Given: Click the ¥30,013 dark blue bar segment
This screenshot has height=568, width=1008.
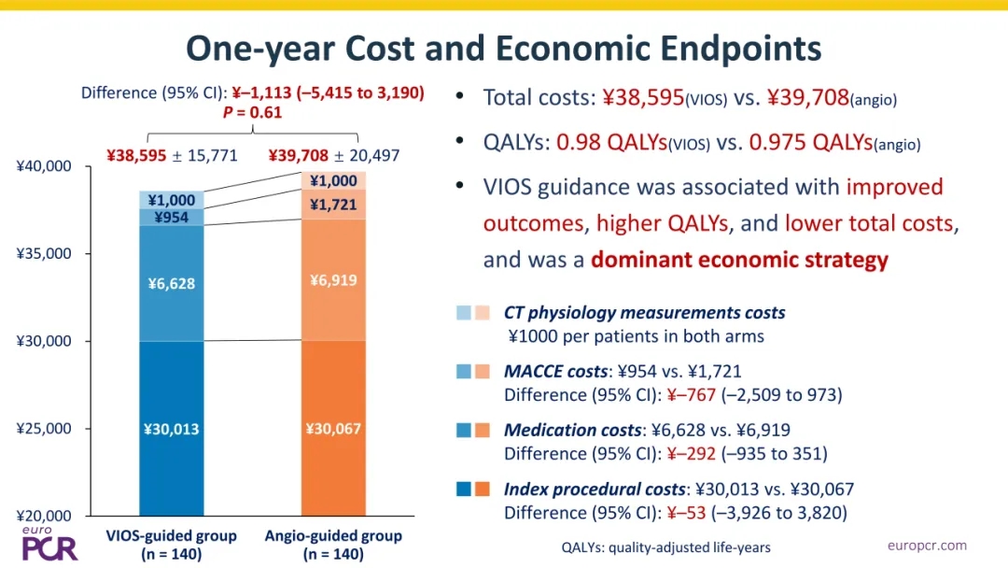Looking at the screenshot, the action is point(172,429).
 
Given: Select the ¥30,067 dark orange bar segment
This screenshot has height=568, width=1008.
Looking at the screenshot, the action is point(333,429).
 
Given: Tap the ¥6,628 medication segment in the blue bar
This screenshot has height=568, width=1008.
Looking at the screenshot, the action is point(172,283).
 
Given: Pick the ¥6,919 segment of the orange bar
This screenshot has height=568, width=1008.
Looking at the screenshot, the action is point(333,280).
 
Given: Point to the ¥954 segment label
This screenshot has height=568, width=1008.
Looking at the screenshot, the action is point(172,218).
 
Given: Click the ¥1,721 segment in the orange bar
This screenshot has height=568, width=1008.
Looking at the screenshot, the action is point(333,205).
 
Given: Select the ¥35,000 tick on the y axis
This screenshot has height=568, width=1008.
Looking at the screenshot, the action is point(44,253).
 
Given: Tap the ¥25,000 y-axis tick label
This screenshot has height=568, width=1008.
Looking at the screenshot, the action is point(44,429).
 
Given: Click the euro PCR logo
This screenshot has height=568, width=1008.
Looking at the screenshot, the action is point(49,544).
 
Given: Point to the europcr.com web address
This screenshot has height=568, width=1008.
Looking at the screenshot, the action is point(927,546).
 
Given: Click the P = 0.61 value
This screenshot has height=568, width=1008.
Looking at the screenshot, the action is point(253,112).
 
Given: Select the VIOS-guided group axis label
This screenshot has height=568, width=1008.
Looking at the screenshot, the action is point(172,545).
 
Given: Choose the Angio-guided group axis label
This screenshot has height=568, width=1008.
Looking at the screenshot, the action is point(333,545).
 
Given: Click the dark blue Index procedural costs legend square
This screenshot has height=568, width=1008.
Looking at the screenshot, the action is point(464,489).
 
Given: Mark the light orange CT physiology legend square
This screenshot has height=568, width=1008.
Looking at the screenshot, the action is point(483,313).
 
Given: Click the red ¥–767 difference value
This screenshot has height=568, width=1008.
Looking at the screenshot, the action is point(691,394).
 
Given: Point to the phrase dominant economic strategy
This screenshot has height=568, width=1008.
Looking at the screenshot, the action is point(739,259).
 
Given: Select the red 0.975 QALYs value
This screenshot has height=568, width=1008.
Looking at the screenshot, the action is point(811,142).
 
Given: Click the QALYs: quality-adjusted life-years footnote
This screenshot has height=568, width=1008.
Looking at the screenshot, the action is point(666,547).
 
